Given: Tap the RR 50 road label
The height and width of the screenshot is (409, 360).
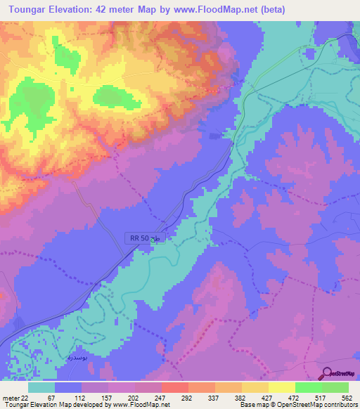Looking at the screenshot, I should click(x=139, y=239).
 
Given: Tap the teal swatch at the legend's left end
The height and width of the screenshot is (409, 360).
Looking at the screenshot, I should click(x=41, y=387).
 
